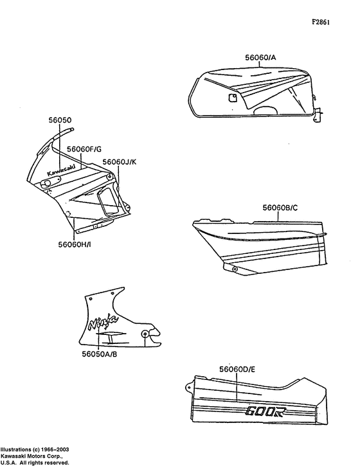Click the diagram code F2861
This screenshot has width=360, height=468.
tap(321, 22)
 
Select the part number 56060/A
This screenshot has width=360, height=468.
tap(260, 57)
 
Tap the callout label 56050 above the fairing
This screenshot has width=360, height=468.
tap(60, 120)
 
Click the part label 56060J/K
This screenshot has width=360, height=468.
tap(120, 162)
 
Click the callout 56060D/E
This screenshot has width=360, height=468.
tap(237, 369)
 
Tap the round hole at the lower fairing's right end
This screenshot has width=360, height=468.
tap(147, 334)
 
